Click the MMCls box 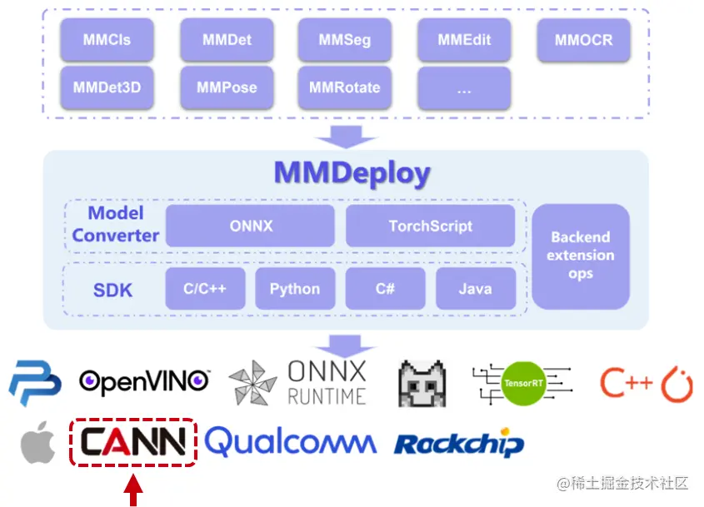pyautogui.click(x=107, y=40)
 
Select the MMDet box pyautogui.click(x=227, y=40)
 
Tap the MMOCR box pyautogui.click(x=583, y=40)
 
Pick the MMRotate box pyautogui.click(x=344, y=87)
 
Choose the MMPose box pyautogui.click(x=227, y=87)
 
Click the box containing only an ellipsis pyautogui.click(x=464, y=88)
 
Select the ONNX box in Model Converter pyautogui.click(x=250, y=226)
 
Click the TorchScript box pyautogui.click(x=430, y=226)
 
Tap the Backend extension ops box pyautogui.click(x=581, y=256)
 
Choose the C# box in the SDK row pyautogui.click(x=385, y=289)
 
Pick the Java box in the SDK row pyautogui.click(x=475, y=289)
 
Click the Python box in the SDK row pyautogui.click(x=294, y=289)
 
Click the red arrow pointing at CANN pyautogui.click(x=132, y=488)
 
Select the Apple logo pyautogui.click(x=38, y=442)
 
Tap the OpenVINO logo pyautogui.click(x=144, y=381)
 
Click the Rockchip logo pyautogui.click(x=459, y=444)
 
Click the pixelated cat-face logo pyautogui.click(x=422, y=383)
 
